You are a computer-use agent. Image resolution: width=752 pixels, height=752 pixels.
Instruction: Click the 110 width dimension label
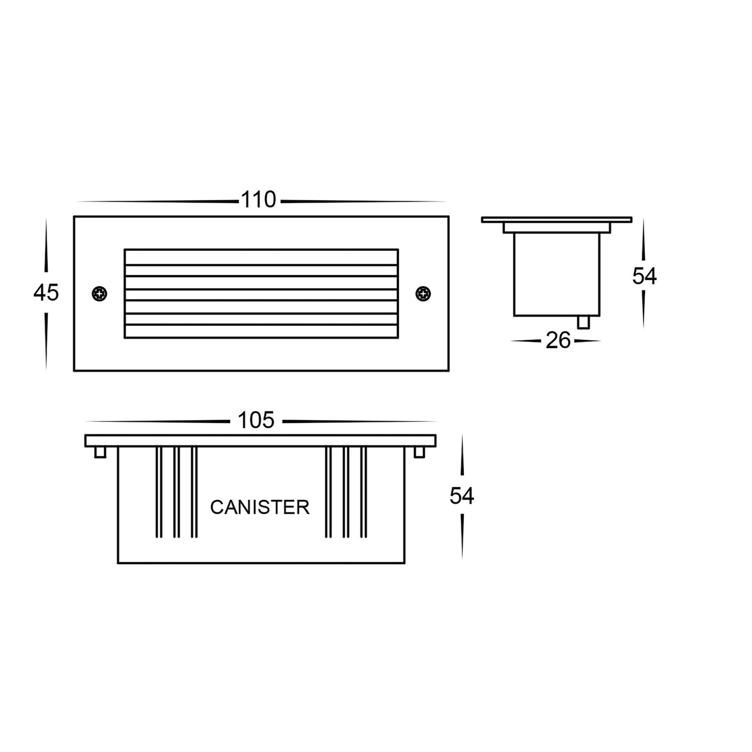pos(258,200)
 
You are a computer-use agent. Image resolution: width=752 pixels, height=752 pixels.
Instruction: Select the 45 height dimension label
pos(46,292)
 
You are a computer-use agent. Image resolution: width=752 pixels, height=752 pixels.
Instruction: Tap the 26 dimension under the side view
pos(557,340)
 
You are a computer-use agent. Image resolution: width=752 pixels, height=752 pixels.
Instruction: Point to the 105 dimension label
pos(256,420)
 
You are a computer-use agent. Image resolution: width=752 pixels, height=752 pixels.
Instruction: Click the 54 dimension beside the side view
pos(644,276)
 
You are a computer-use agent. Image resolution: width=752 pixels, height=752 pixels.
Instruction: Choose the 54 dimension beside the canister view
pos(461,496)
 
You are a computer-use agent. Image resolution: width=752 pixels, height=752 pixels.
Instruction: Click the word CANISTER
pos(260,507)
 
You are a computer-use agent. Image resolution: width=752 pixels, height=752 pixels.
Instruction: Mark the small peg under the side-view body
pos(582,322)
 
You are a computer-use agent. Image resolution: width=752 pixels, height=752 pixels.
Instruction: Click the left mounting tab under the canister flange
pos(99,452)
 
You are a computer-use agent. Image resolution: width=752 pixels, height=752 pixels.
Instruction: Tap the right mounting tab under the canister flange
pos(419,452)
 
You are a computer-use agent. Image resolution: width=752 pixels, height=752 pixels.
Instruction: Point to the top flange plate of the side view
pos(556,219)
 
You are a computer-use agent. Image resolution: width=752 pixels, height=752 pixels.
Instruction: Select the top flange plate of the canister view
pos(260,440)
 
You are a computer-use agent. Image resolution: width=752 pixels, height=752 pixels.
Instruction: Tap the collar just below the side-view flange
pos(556,228)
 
